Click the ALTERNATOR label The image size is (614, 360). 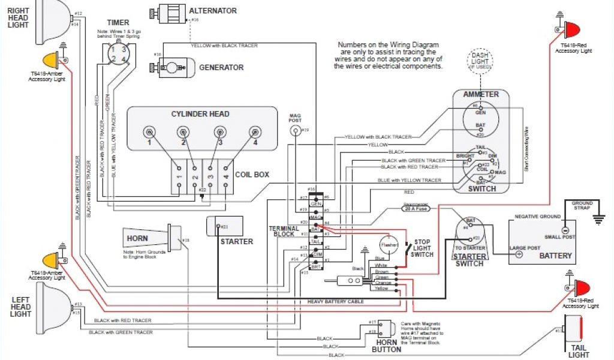(x=212, y=11)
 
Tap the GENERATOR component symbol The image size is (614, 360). (x=174, y=67)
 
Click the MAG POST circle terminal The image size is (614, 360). (x=295, y=131)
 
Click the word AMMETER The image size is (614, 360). (x=481, y=94)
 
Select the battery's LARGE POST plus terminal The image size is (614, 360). (x=517, y=253)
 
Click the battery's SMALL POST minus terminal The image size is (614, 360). (x=564, y=230)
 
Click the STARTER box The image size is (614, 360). (x=224, y=227)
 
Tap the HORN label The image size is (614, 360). (x=137, y=238)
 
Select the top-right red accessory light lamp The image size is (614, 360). (x=572, y=29)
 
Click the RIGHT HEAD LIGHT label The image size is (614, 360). (x=18, y=17)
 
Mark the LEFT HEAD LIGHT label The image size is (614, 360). (x=20, y=305)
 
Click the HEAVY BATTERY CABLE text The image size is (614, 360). (x=336, y=301)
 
